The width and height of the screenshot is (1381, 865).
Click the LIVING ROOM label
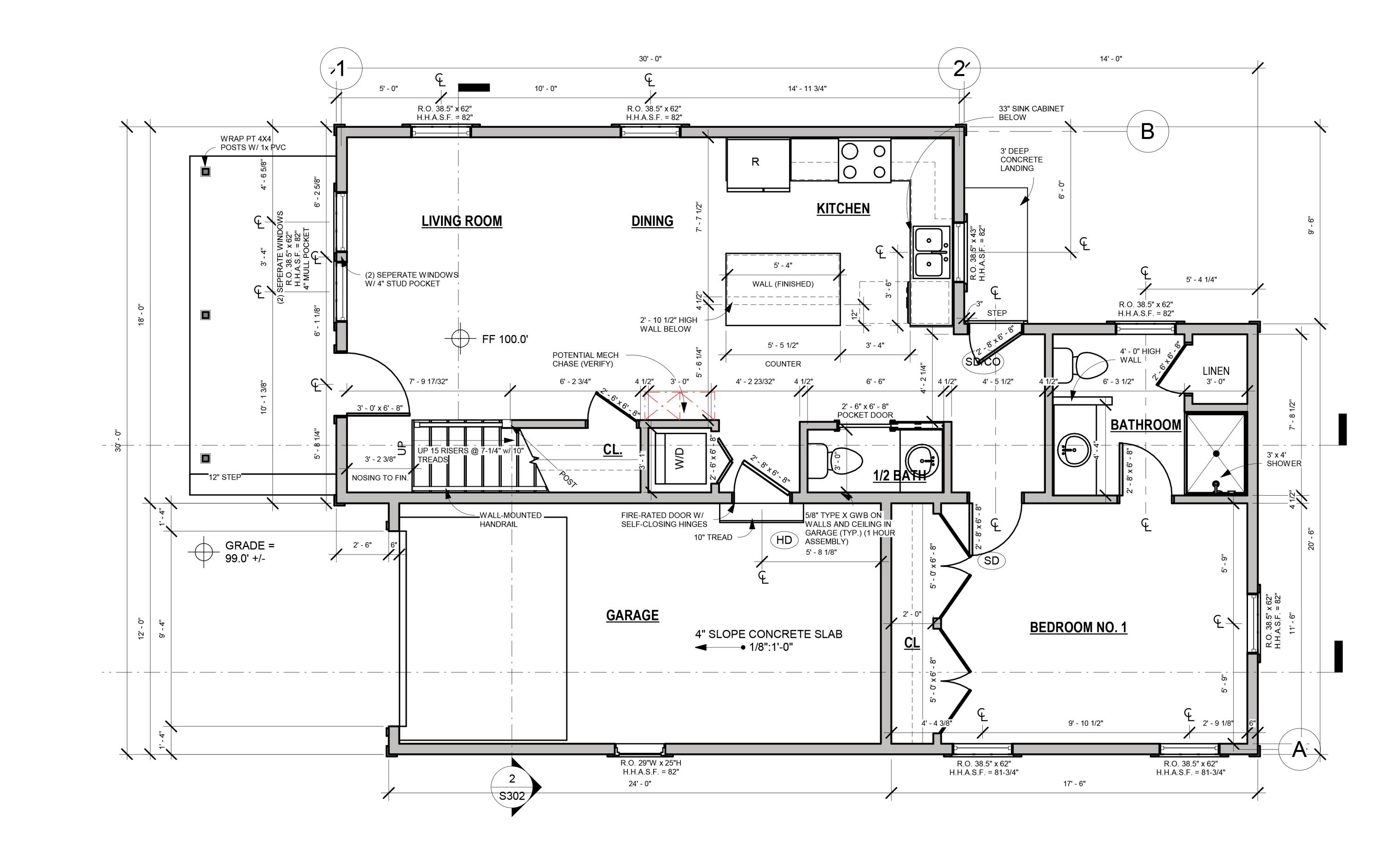click(461, 221)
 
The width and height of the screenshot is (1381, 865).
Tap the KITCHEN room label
click(843, 208)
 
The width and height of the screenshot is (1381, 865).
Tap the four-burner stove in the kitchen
click(864, 161)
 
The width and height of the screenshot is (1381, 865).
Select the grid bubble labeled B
click(1148, 131)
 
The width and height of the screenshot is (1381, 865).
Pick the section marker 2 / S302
click(513, 787)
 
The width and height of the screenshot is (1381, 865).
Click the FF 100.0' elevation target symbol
click(460, 338)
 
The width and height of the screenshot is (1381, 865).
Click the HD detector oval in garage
click(784, 540)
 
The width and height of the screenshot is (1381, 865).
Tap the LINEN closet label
click(1216, 371)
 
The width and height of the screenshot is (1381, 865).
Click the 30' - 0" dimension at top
click(650, 59)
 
